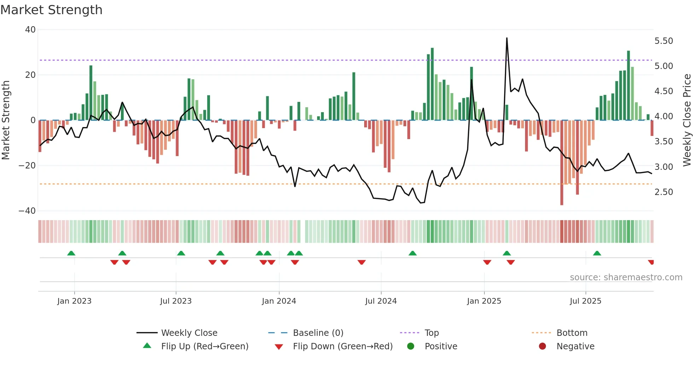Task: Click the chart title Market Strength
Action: coord(51,10)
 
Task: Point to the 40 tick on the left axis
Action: coord(30,30)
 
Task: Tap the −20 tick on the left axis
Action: coord(27,166)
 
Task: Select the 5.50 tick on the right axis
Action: coord(664,41)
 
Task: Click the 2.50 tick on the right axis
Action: coord(664,192)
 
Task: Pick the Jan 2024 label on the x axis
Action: coord(279,301)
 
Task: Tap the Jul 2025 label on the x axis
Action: coord(585,301)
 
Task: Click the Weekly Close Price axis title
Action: coord(687,120)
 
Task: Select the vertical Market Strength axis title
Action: coord(6,120)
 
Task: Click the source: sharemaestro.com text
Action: coord(626,277)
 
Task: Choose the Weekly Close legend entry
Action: coord(189,333)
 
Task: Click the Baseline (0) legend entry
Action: coord(318,333)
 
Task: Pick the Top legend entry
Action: coord(431,333)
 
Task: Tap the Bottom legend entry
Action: coord(572,333)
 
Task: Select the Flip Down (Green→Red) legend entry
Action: coord(342,346)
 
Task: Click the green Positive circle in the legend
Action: coord(410,346)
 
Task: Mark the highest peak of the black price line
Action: coord(507,38)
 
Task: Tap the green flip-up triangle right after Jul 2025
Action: coord(597,253)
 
